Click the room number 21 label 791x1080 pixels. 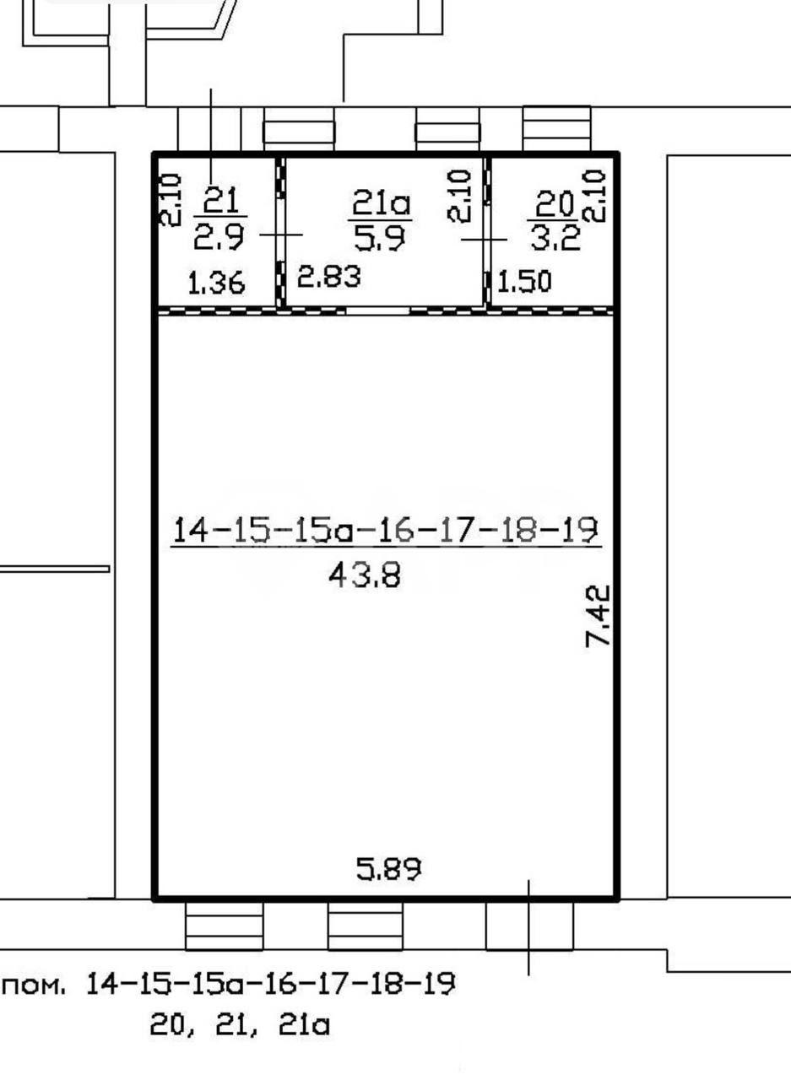pyautogui.click(x=221, y=201)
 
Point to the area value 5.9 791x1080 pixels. pyautogui.click(x=380, y=237)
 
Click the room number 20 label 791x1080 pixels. pyautogui.click(x=554, y=203)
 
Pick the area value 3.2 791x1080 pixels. pyautogui.click(x=555, y=237)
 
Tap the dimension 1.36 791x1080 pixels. pyautogui.click(x=217, y=283)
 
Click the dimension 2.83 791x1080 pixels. pyautogui.click(x=329, y=277)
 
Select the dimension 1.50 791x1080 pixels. pyautogui.click(x=523, y=282)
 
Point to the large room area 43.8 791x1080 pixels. pyautogui.click(x=365, y=575)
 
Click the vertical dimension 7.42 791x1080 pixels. pyautogui.click(x=598, y=615)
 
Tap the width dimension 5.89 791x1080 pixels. pyautogui.click(x=389, y=869)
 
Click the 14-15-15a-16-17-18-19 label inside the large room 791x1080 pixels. pyautogui.click(x=386, y=530)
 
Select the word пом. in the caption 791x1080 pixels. pyautogui.click(x=34, y=985)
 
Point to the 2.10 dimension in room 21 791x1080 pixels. pyautogui.click(x=171, y=201)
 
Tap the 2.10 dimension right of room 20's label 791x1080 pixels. pyautogui.click(x=593, y=195)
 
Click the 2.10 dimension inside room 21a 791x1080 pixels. pyautogui.click(x=458, y=196)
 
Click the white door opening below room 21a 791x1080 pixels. pyautogui.click(x=377, y=311)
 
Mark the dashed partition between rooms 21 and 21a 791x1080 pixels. pyautogui.click(x=281, y=231)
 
